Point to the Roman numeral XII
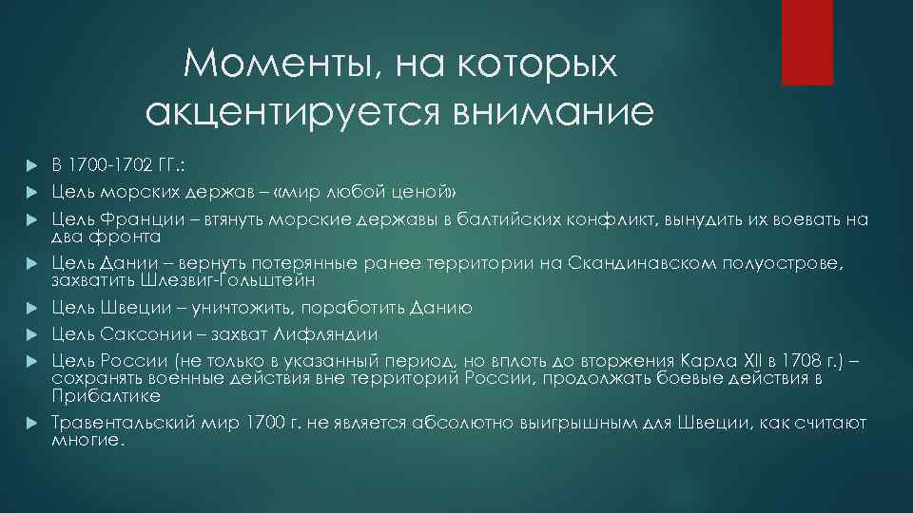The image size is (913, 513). [756, 361]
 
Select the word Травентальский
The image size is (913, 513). [124, 423]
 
